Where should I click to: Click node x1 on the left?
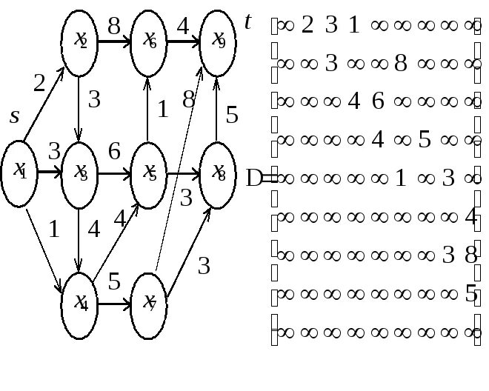pos(19,173)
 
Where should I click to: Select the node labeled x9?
pos(217,41)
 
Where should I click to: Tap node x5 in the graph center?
pos(148,173)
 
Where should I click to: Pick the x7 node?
pos(148,301)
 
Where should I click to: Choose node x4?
pos(80,301)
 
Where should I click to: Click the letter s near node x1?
pos(14,117)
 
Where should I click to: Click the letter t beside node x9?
pos(247,22)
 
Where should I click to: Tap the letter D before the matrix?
pos(255,178)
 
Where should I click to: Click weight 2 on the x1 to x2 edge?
pos(40,84)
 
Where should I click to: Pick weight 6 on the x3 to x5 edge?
pos(114,152)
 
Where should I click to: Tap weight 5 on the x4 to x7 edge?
pos(114,282)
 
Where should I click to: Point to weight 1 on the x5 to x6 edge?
pos(162,110)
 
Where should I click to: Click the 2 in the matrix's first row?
pos(307,26)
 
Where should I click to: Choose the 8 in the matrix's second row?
pos(401,64)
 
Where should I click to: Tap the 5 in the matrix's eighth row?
pos(471,295)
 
